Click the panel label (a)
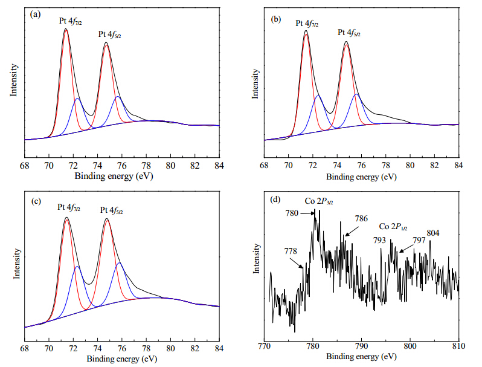[x=35, y=14]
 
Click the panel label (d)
[x=275, y=200]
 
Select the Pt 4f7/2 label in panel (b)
[x=307, y=24]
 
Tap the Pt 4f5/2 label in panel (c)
[x=111, y=210]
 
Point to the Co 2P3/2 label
[x=319, y=201]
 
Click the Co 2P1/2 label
[x=393, y=227]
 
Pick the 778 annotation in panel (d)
[x=291, y=252]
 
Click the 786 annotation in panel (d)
[x=361, y=219]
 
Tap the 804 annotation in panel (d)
[x=433, y=233]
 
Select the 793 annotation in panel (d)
[x=379, y=240]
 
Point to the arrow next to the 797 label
[x=406, y=248]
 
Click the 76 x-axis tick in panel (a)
[x=122, y=166]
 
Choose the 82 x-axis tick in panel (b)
[x=434, y=165]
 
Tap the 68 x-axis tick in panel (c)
[x=25, y=348]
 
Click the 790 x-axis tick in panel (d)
[x=361, y=346]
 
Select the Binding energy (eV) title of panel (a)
[x=114, y=177]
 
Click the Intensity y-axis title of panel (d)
[x=256, y=258]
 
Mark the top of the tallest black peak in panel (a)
[x=65, y=28]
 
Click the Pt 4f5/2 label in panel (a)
[x=110, y=34]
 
